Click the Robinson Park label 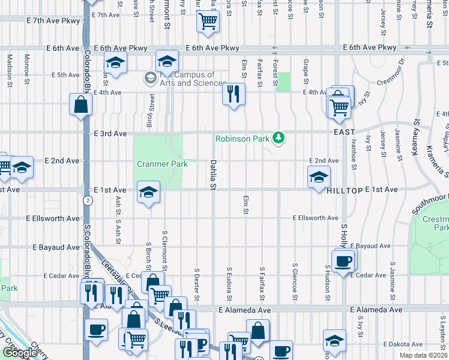point(243,139)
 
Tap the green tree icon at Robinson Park point(278,139)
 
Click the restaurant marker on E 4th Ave point(233,94)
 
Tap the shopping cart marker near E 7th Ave point(208,22)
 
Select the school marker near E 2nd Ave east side point(319,177)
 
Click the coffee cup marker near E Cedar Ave point(343,262)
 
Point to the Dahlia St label point(212,175)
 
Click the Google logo point(20,353)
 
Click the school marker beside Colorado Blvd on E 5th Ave point(114,62)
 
